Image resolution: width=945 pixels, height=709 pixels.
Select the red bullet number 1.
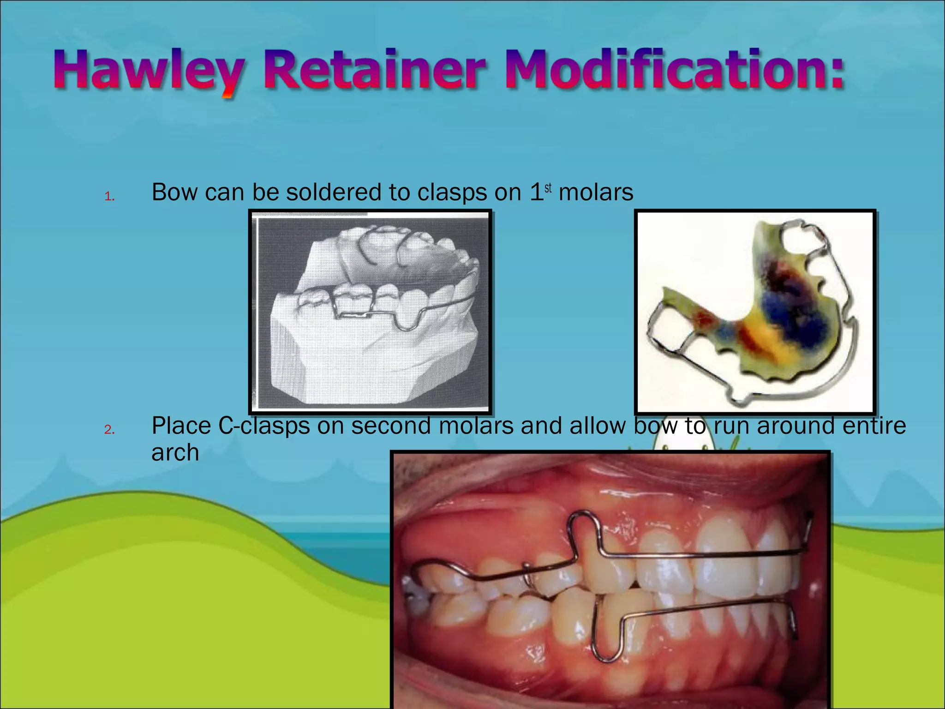point(109,197)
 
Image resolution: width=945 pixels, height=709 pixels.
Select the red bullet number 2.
point(109,430)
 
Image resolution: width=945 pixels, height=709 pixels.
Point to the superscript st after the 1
point(548,188)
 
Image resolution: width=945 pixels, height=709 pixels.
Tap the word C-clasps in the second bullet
point(263,426)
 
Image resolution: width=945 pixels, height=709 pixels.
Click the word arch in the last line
point(175,452)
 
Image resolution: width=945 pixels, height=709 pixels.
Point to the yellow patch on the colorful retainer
point(764,339)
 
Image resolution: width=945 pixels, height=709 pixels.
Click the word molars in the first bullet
point(596,192)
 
